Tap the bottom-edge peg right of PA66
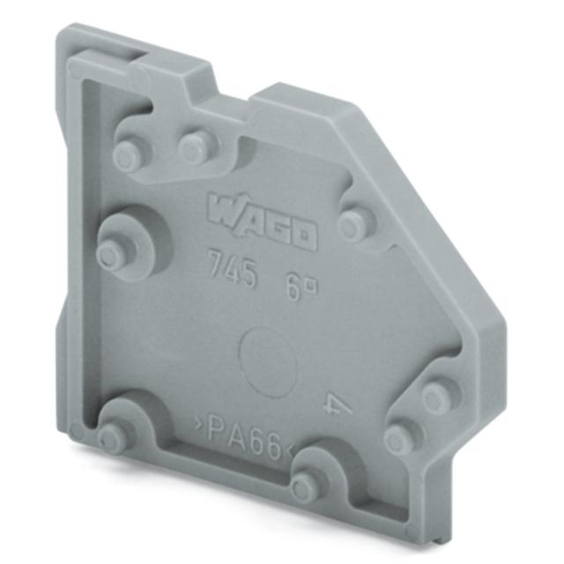pos(305,483)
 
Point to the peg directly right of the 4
pos(436,397)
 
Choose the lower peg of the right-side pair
pos(401,437)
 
